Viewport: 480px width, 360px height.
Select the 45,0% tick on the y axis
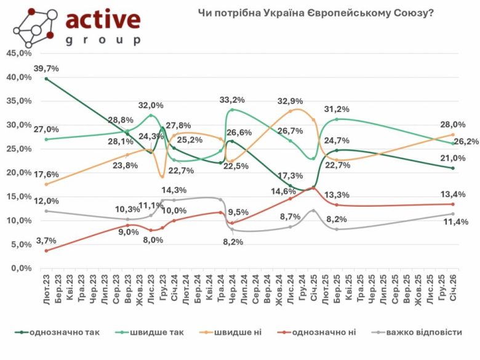(x=18, y=54)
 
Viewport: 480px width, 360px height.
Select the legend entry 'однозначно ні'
(x=327, y=332)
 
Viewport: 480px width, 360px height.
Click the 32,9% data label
(x=290, y=102)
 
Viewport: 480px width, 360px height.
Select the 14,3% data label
(x=175, y=190)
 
